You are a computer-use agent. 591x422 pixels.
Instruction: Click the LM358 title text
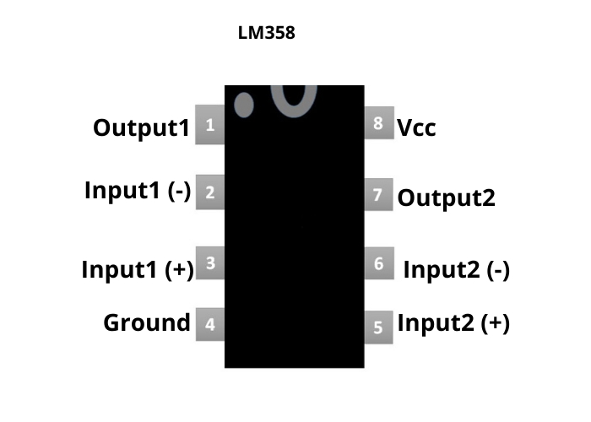(x=268, y=36)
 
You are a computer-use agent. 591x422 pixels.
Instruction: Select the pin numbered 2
(x=209, y=192)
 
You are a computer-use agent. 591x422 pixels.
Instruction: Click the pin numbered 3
(x=209, y=263)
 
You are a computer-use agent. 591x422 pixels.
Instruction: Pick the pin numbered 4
(x=209, y=323)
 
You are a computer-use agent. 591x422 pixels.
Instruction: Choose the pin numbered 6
(x=378, y=264)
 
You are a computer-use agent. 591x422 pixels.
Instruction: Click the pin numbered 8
(x=378, y=123)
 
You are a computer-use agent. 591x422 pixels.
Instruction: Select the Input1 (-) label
(x=138, y=191)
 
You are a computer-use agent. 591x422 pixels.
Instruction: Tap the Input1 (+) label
(x=138, y=270)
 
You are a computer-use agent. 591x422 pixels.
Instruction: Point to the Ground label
(x=147, y=322)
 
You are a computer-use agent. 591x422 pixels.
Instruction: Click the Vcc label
(x=417, y=128)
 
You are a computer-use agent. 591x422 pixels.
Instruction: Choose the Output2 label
(x=446, y=198)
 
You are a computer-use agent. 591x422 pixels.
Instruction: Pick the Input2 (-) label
(x=456, y=270)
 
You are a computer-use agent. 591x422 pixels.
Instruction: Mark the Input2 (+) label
(x=453, y=323)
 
